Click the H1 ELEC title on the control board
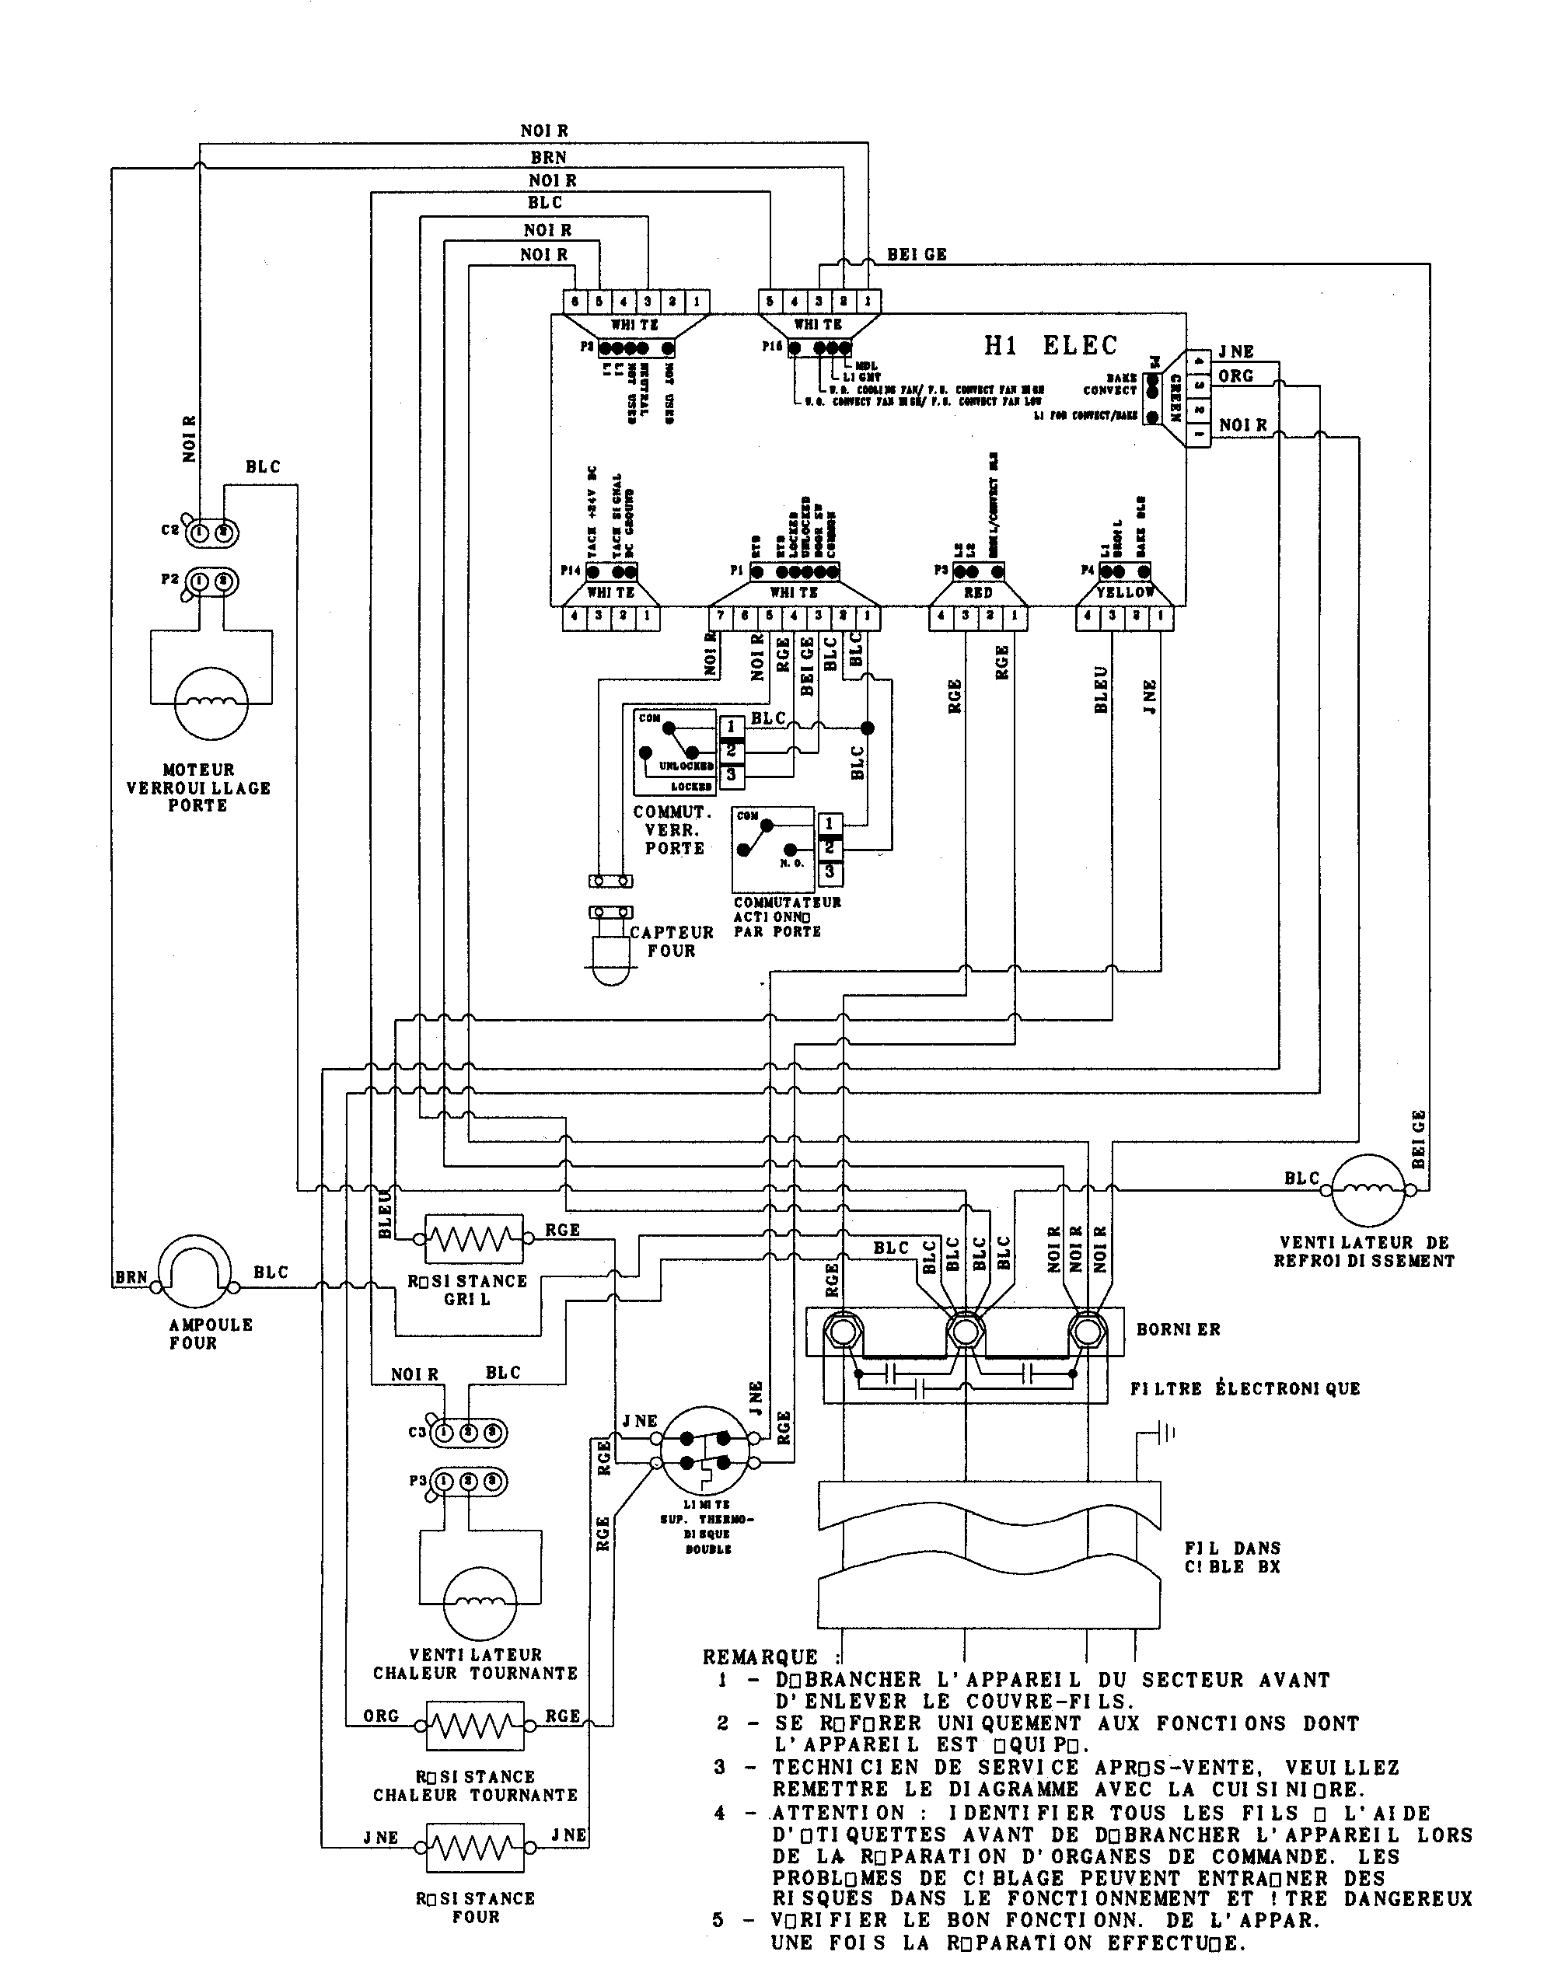coord(1051,346)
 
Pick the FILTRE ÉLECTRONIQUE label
coord(1244,1389)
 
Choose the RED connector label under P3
coord(977,592)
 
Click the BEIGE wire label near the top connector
coord(917,255)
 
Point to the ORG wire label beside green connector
coord(1235,376)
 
